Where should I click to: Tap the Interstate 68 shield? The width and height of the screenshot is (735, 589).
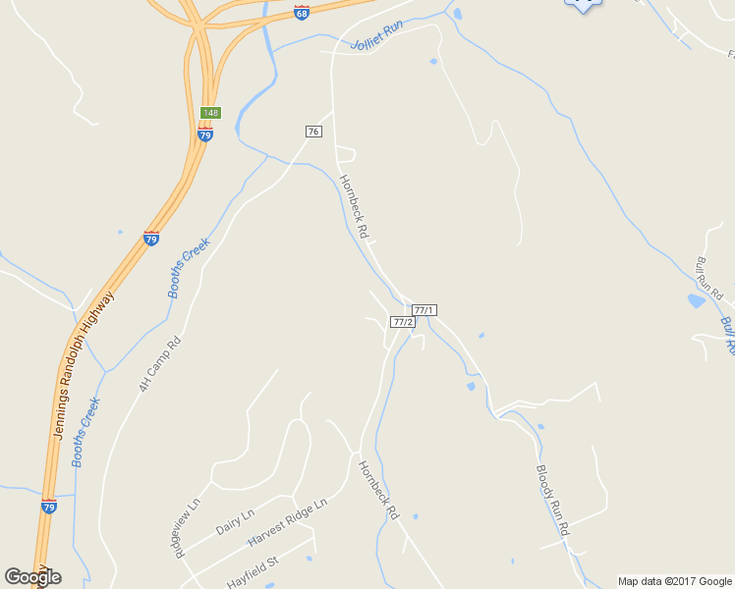pos(302,13)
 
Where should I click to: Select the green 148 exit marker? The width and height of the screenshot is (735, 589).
pos(210,113)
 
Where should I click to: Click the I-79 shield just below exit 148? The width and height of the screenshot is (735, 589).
pos(204,134)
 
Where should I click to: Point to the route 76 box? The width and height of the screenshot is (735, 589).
pos(313,132)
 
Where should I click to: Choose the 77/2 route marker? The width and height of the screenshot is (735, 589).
pos(401,321)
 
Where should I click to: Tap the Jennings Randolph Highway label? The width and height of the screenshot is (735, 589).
pos(84,364)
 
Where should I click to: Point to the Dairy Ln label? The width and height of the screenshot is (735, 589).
pos(235,520)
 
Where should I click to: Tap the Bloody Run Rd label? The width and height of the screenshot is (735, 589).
pos(552,500)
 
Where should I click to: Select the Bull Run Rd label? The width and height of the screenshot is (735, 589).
pos(709,279)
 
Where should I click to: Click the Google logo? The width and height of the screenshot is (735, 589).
pos(32,576)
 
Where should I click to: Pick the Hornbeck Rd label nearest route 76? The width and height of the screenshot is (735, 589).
pos(353,207)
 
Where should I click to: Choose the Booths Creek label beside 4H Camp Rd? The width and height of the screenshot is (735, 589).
pos(189,267)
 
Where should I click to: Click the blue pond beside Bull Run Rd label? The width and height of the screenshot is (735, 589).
pos(697,301)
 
